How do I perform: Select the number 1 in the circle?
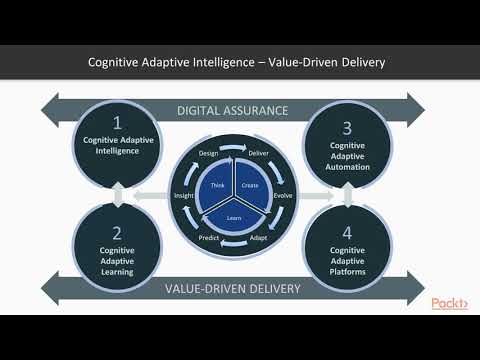click(x=117, y=124)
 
